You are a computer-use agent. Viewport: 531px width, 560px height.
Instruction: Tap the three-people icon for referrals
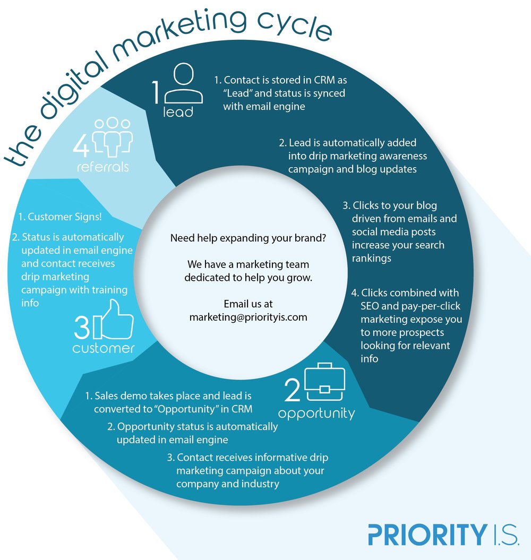pyautogui.click(x=112, y=137)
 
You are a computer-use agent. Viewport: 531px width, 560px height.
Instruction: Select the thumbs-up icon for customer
pyautogui.click(x=113, y=319)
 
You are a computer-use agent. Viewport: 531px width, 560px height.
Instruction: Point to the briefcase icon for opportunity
pyautogui.click(x=325, y=382)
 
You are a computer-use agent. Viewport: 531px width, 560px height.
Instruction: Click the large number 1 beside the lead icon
pyautogui.click(x=156, y=92)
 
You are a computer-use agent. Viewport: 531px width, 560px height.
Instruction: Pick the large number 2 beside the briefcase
pyautogui.click(x=292, y=390)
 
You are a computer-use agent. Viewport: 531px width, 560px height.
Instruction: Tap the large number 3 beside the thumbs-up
pyautogui.click(x=82, y=328)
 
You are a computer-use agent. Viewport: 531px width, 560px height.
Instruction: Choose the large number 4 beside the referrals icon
pyautogui.click(x=81, y=146)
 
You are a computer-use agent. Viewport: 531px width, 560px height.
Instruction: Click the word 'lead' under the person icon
pyautogui.click(x=178, y=112)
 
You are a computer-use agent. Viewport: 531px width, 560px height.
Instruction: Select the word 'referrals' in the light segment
pyautogui.click(x=103, y=167)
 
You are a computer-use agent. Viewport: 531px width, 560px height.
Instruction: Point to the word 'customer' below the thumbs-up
pyautogui.click(x=103, y=348)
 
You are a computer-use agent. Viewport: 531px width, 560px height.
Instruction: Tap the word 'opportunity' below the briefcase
pyautogui.click(x=316, y=413)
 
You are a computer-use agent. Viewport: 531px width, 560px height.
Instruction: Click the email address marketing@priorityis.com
pyautogui.click(x=249, y=317)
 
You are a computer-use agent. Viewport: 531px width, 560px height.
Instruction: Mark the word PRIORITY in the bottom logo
pyautogui.click(x=427, y=535)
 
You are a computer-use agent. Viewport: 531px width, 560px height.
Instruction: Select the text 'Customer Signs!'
pyautogui.click(x=60, y=217)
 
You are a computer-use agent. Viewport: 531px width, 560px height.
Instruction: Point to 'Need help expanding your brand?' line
pyautogui.click(x=249, y=238)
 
